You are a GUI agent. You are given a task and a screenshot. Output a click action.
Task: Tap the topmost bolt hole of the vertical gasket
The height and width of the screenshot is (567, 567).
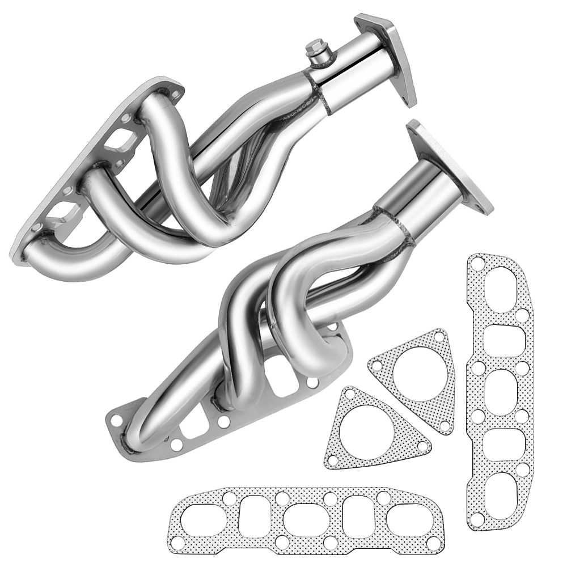click(x=478, y=263)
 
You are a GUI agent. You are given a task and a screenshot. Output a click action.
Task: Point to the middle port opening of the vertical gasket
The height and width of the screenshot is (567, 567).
click(x=501, y=391)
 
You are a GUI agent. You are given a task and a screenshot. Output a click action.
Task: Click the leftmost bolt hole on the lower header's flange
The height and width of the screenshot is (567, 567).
click(x=116, y=420)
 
